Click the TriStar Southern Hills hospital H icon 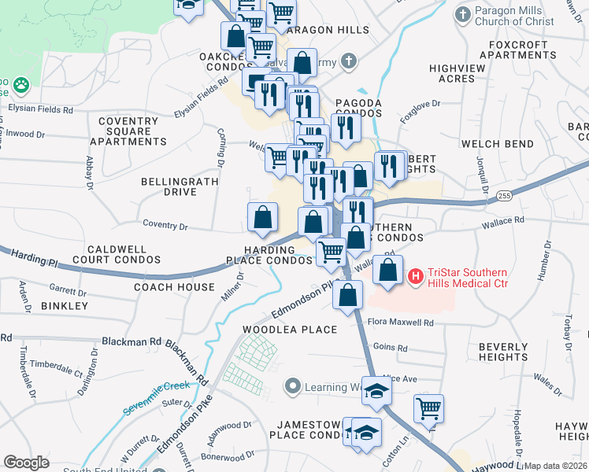[x=416, y=275]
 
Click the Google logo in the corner [x=26, y=463]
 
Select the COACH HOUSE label [x=174, y=287]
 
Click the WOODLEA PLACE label [x=290, y=330]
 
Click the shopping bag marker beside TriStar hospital [x=387, y=270]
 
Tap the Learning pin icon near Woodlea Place [x=294, y=386]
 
